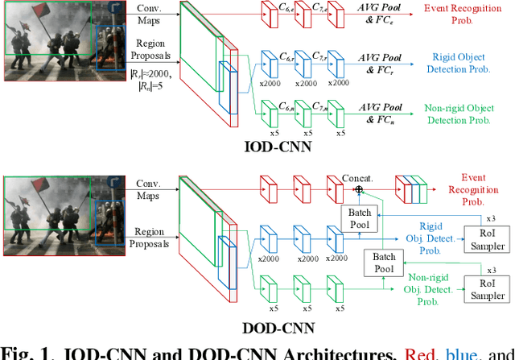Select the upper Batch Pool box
355,217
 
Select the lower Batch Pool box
379,262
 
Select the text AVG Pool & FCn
380,113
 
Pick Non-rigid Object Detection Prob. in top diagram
458,113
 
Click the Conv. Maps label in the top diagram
150,14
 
